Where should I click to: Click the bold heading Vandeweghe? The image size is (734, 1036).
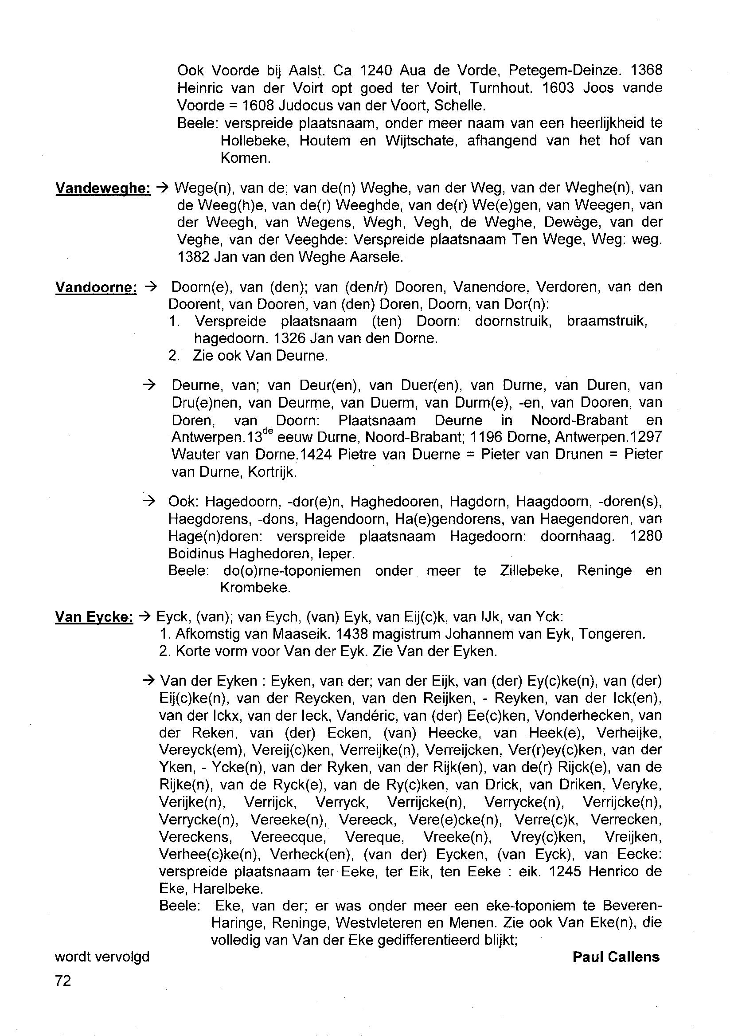coord(102,188)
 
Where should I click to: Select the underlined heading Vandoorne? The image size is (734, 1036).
coord(96,287)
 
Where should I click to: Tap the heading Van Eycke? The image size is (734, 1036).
coord(94,617)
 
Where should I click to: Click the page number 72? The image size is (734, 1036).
coord(63,981)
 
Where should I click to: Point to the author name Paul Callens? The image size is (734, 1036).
coord(616,957)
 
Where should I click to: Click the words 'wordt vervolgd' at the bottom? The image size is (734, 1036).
coord(102,957)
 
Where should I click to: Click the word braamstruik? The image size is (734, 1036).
coord(606,322)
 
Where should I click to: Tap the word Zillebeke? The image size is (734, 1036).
coord(531,571)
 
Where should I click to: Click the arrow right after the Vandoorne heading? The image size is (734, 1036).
coord(150,286)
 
